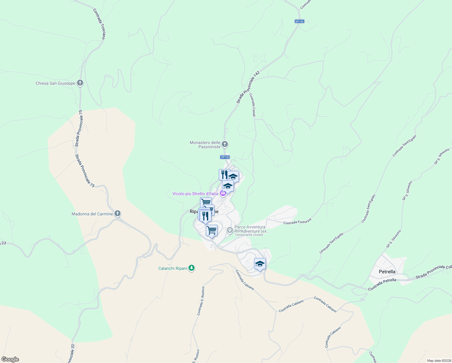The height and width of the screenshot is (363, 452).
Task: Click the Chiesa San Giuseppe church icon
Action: click(80, 83)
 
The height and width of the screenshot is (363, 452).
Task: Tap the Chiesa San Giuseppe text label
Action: click(55, 83)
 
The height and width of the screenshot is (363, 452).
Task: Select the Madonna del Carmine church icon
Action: click(118, 214)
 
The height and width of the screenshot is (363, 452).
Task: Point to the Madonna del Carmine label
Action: click(92, 214)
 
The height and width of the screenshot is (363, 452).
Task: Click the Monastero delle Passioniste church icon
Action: click(224, 144)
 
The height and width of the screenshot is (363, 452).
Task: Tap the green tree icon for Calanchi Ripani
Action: click(192, 268)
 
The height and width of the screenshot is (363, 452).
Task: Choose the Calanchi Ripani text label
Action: click(173, 268)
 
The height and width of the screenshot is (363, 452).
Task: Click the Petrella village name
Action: click(387, 272)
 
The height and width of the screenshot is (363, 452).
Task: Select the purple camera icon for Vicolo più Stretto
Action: click(223, 194)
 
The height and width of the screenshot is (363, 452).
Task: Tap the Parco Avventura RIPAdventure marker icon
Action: click(230, 230)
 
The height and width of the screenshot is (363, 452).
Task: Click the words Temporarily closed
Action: click(249, 235)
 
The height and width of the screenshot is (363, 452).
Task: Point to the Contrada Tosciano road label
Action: click(99, 24)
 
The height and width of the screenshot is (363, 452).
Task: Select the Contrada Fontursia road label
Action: click(297, 221)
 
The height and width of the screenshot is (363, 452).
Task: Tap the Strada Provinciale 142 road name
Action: click(248, 87)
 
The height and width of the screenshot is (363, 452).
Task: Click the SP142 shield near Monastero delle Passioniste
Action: click(225, 157)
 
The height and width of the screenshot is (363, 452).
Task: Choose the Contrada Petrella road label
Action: click(382, 285)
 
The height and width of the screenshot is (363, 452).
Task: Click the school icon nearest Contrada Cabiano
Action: click(260, 264)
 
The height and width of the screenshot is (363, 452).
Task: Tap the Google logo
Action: click(10, 359)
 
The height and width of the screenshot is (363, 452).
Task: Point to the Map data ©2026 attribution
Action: click(438, 361)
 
